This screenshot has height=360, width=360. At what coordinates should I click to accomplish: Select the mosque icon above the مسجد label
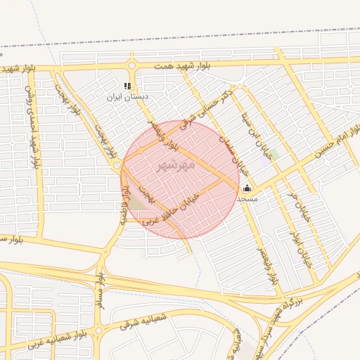tap(247, 188)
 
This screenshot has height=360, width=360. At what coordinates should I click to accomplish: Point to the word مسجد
tap(247, 199)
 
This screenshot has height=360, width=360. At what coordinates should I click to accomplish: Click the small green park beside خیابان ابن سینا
tap(275, 154)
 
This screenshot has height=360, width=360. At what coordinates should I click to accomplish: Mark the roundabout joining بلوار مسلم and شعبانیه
tap(99, 330)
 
